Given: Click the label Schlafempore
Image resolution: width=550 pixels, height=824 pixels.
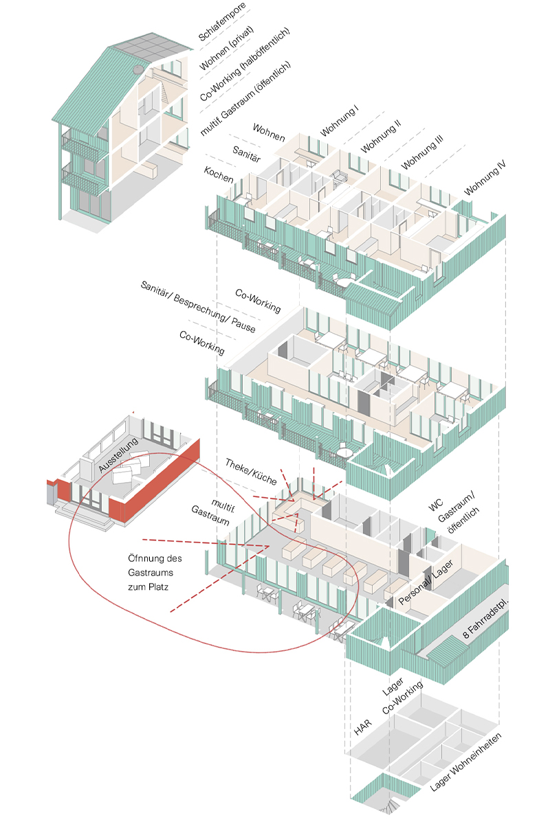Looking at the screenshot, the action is pos(221,22).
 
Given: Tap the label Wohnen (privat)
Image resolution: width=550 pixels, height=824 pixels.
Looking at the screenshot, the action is pos(226,48).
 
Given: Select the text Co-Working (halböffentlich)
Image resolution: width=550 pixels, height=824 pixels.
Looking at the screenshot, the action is pos(244,65).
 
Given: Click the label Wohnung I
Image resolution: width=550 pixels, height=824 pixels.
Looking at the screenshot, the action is pos(339,121).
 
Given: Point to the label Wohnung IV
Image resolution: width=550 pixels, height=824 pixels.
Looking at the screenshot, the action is pos(484,178).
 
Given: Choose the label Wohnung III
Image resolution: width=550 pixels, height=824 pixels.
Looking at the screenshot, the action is pos(422,152).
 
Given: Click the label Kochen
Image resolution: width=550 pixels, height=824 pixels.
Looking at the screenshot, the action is pos(219,174).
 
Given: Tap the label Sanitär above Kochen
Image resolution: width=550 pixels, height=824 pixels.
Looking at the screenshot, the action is pos(246,154).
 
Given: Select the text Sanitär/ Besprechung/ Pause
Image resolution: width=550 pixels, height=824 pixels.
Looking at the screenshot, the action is pos(198,306).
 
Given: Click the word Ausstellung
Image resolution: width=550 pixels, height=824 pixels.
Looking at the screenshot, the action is pos(118,455).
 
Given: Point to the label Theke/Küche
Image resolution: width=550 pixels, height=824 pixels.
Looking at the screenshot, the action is pos(251,472).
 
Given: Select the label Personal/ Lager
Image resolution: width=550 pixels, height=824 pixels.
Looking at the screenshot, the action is pos(426,584).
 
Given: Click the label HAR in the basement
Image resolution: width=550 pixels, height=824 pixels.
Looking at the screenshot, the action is pos(363,727).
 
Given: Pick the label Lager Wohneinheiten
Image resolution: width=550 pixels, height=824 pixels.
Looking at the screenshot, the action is pos(466,762).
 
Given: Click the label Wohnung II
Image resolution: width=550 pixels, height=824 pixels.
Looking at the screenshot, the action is pos(381,136).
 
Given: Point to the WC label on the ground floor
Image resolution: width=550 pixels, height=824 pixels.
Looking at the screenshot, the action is pos(435,505).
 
